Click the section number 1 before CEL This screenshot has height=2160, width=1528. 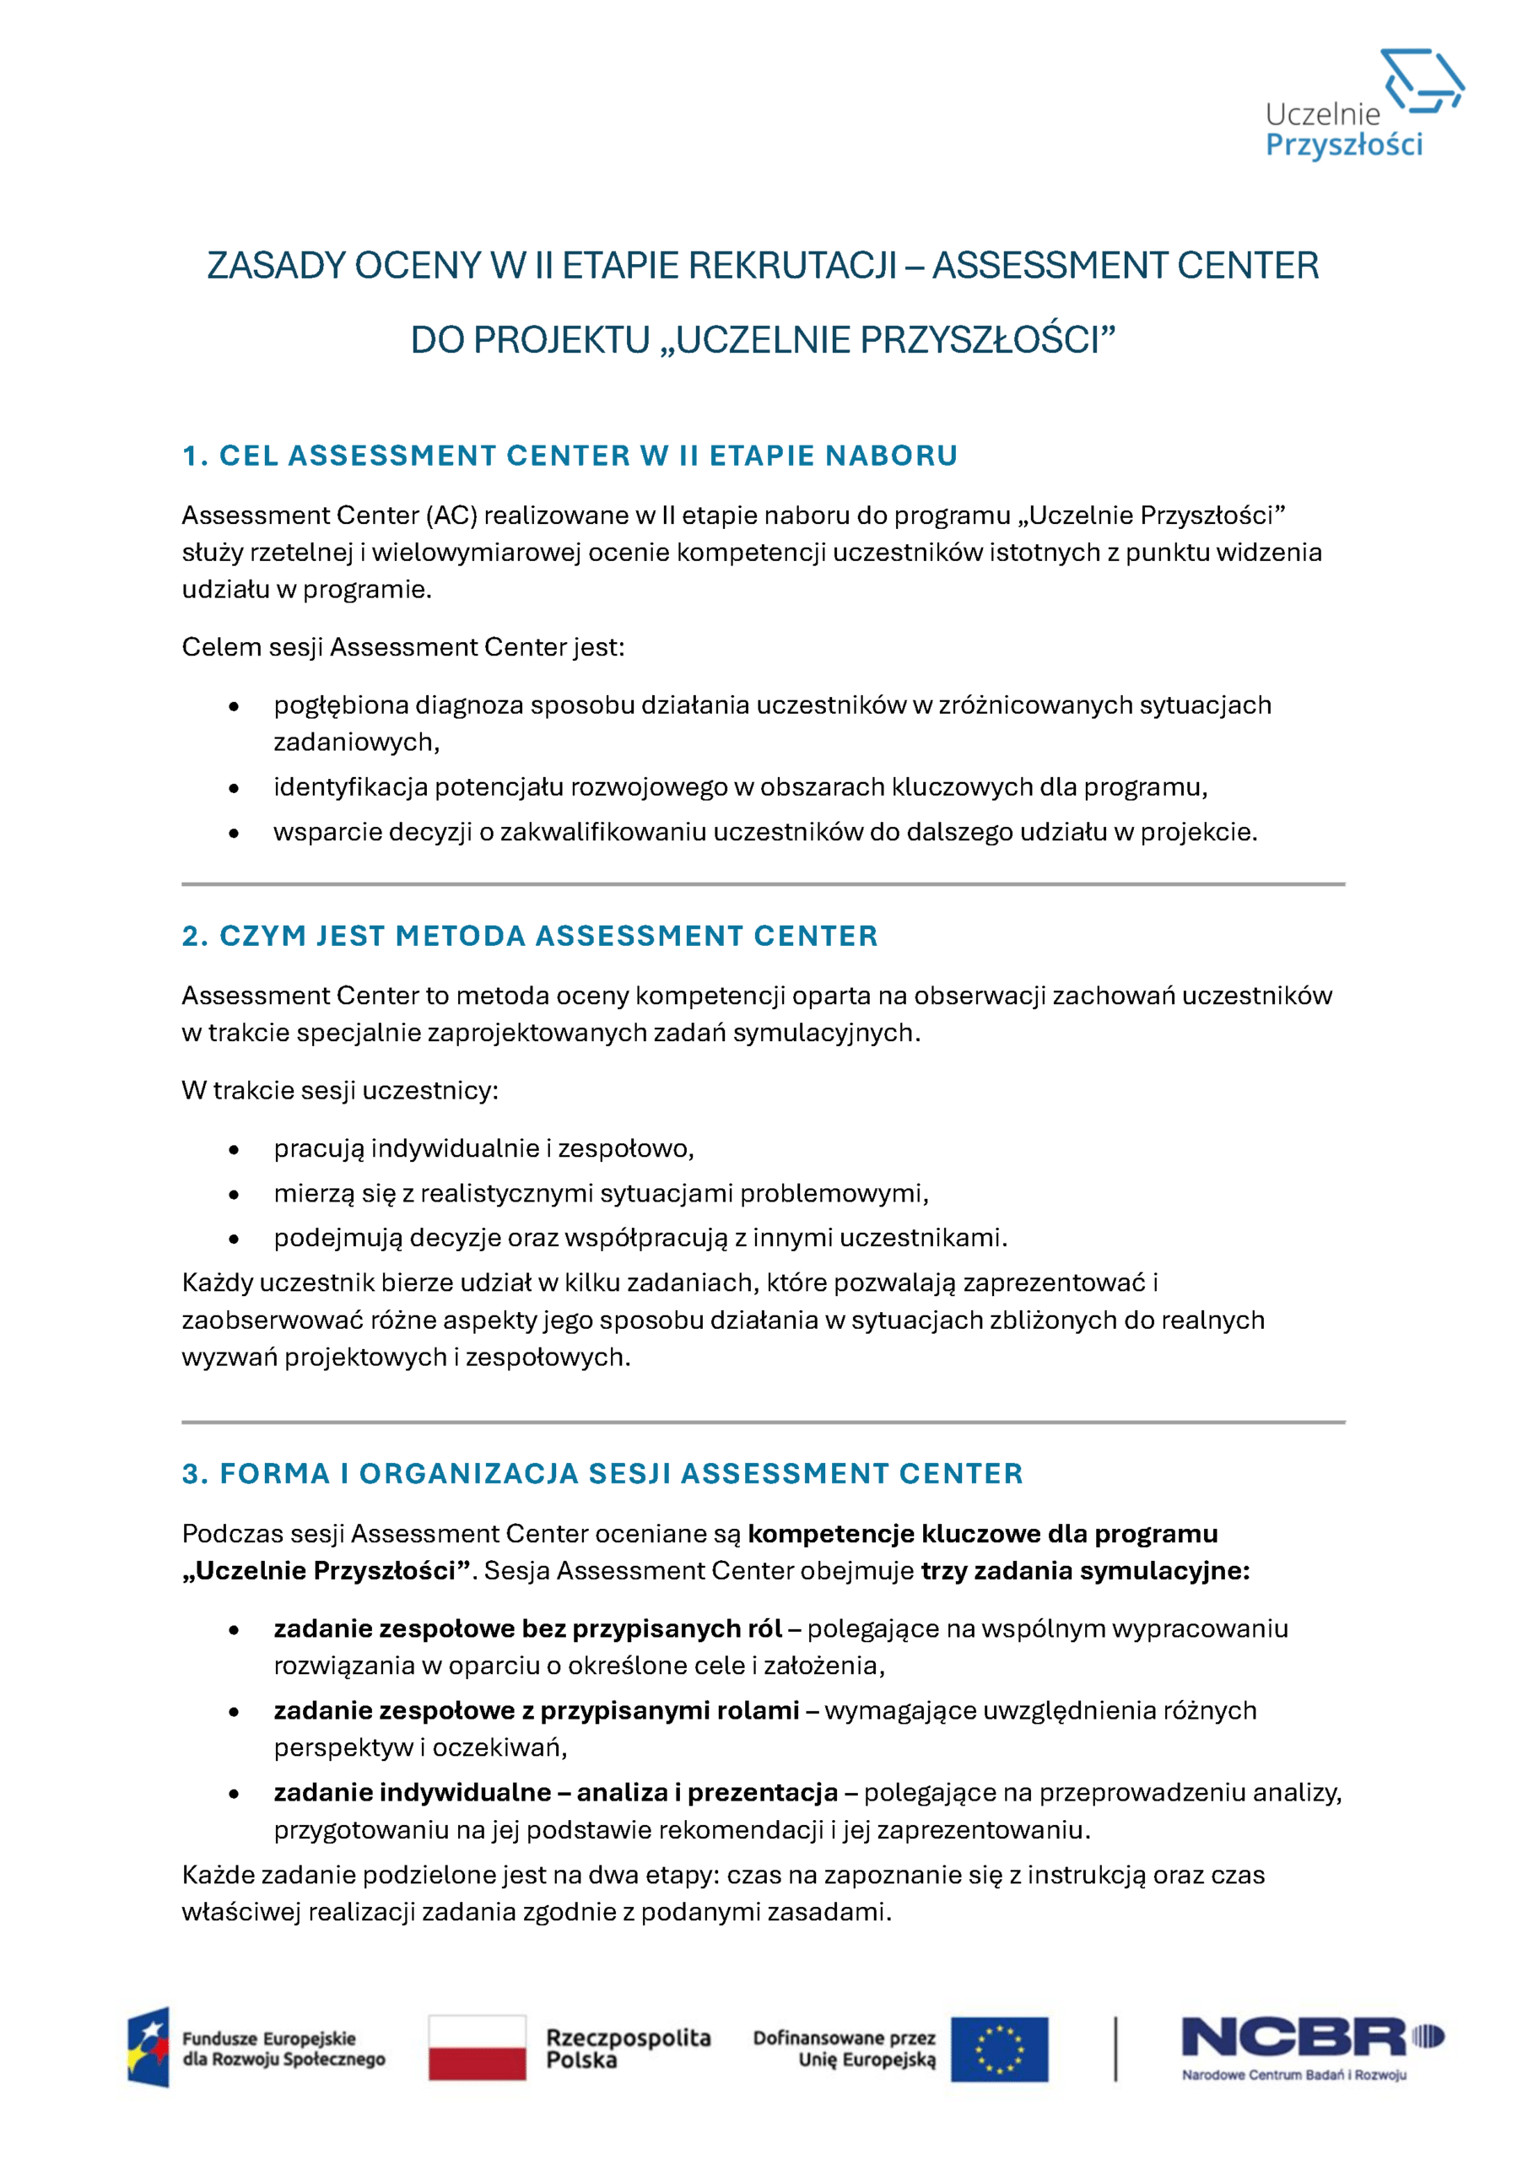click(191, 456)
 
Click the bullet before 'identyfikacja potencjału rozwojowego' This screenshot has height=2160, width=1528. click(234, 788)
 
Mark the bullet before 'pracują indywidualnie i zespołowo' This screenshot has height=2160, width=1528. click(234, 1150)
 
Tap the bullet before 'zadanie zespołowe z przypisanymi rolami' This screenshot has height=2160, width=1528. click(234, 1712)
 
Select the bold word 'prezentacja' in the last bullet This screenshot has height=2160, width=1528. click(763, 1793)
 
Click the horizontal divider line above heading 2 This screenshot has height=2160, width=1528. click(763, 884)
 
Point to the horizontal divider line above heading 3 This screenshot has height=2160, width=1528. click(763, 1423)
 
